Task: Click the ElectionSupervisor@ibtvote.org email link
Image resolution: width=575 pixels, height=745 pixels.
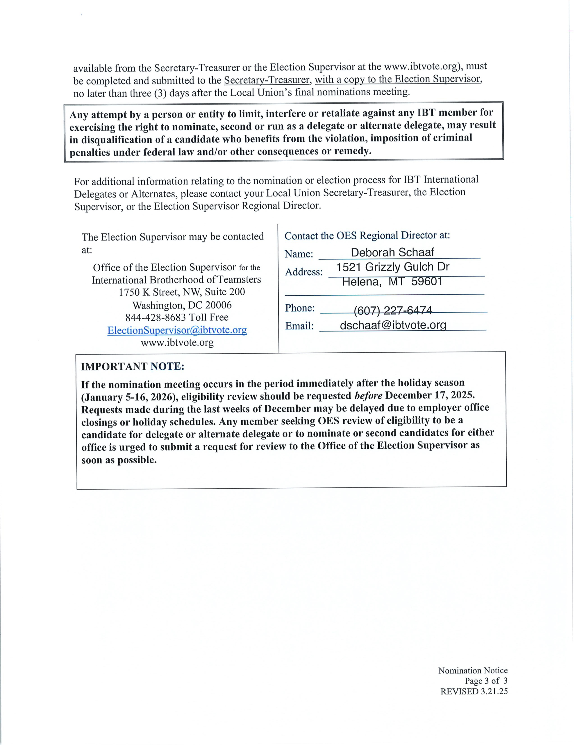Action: [177, 330]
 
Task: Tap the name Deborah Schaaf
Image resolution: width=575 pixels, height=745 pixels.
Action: [392, 252]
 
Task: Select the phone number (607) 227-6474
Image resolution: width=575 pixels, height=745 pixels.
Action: [393, 311]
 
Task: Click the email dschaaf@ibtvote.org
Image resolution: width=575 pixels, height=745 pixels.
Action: [393, 325]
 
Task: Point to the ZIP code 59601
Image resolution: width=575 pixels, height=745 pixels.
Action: [427, 281]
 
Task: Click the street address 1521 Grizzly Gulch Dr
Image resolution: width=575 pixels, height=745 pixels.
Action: [393, 267]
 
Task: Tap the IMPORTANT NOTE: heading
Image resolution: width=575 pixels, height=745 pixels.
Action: [132, 366]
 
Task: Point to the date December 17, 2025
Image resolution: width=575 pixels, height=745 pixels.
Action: [430, 395]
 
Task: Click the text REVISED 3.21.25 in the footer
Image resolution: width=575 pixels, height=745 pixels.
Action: [474, 691]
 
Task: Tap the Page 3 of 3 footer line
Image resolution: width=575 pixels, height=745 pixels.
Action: [486, 681]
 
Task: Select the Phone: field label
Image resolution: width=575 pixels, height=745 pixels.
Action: [300, 308]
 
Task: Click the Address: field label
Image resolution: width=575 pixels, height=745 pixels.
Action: [304, 272]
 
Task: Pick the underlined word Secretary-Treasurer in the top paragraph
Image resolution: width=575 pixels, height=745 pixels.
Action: [267, 80]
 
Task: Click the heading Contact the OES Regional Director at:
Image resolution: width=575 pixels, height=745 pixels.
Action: [367, 236]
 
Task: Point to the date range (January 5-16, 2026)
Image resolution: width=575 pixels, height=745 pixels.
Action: [130, 397]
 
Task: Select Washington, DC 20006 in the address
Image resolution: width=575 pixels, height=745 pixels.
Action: [182, 305]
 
